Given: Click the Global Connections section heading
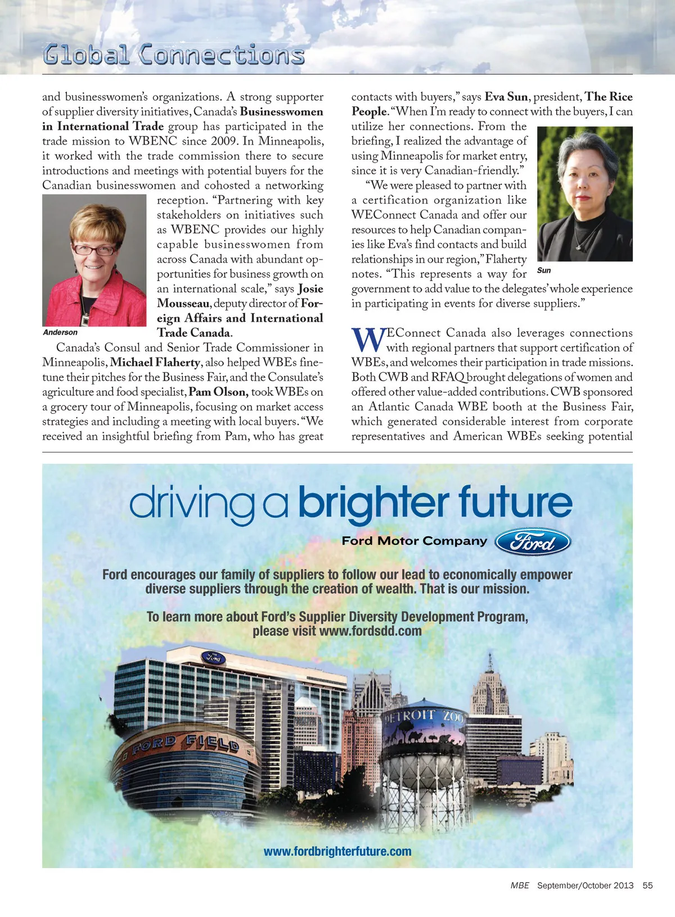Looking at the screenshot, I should [x=174, y=55].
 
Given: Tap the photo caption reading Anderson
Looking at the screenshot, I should [x=60, y=332].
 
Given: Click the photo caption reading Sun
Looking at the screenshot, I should [x=544, y=270].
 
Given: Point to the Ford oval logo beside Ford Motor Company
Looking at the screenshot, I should [x=533, y=542].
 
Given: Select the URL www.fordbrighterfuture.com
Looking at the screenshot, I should [x=337, y=851].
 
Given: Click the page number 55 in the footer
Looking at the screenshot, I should [x=647, y=886].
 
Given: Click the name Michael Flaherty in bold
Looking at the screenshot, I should [x=155, y=363].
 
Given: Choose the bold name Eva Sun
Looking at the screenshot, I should [x=506, y=97].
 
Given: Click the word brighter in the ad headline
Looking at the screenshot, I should [x=373, y=502].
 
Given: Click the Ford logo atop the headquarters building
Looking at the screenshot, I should [x=214, y=657].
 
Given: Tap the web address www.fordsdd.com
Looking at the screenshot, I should [x=370, y=631].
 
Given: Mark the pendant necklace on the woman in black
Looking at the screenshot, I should [x=579, y=245].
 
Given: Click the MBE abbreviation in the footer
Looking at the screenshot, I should [x=520, y=886].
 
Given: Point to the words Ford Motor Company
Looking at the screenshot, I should [x=415, y=541].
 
